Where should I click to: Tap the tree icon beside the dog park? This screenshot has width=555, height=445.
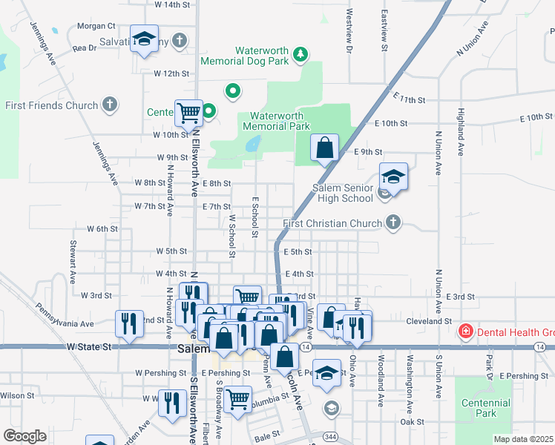[x=300, y=53]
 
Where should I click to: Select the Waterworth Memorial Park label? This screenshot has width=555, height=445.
[x=276, y=121]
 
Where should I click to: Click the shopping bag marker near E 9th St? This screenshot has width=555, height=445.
[x=324, y=148]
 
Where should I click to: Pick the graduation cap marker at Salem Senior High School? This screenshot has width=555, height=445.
[x=393, y=177]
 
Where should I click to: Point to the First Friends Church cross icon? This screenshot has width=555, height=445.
[x=110, y=105]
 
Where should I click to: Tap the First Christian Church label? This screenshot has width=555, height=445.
[x=335, y=222]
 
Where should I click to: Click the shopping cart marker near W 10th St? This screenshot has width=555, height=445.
[x=188, y=113]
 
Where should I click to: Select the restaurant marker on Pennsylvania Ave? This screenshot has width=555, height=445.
[x=129, y=324]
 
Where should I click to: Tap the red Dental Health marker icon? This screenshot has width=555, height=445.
[x=466, y=330]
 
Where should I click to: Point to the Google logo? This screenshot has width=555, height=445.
[x=24, y=435]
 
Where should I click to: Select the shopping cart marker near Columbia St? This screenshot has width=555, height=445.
[x=238, y=399]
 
